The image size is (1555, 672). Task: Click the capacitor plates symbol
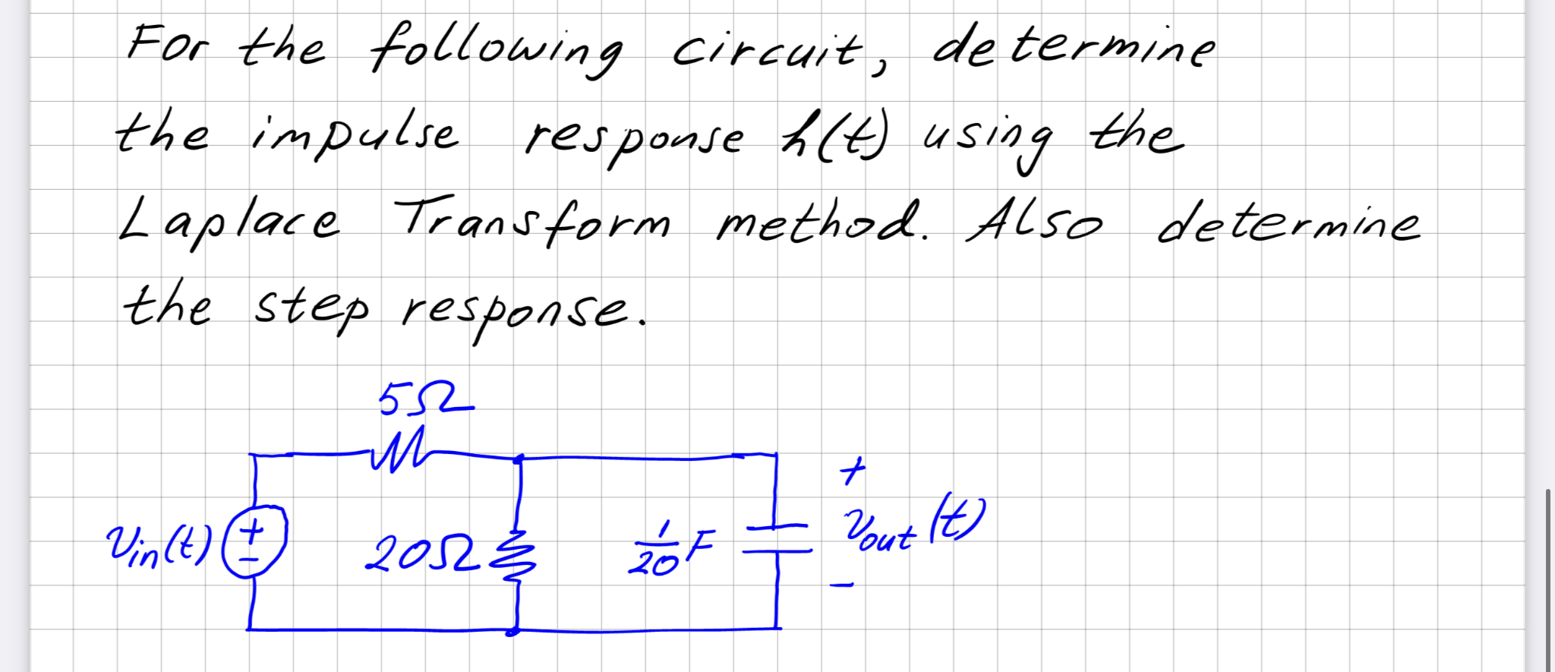pyautogui.click(x=777, y=538)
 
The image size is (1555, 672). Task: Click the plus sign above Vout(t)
pyautogui.click(x=853, y=472)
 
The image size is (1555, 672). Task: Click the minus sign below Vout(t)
pyautogui.click(x=841, y=585)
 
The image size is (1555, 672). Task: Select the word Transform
pyautogui.click(x=531, y=220)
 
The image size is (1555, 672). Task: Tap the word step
pyautogui.click(x=311, y=308)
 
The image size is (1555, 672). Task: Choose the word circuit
pyautogui.click(x=767, y=50)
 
